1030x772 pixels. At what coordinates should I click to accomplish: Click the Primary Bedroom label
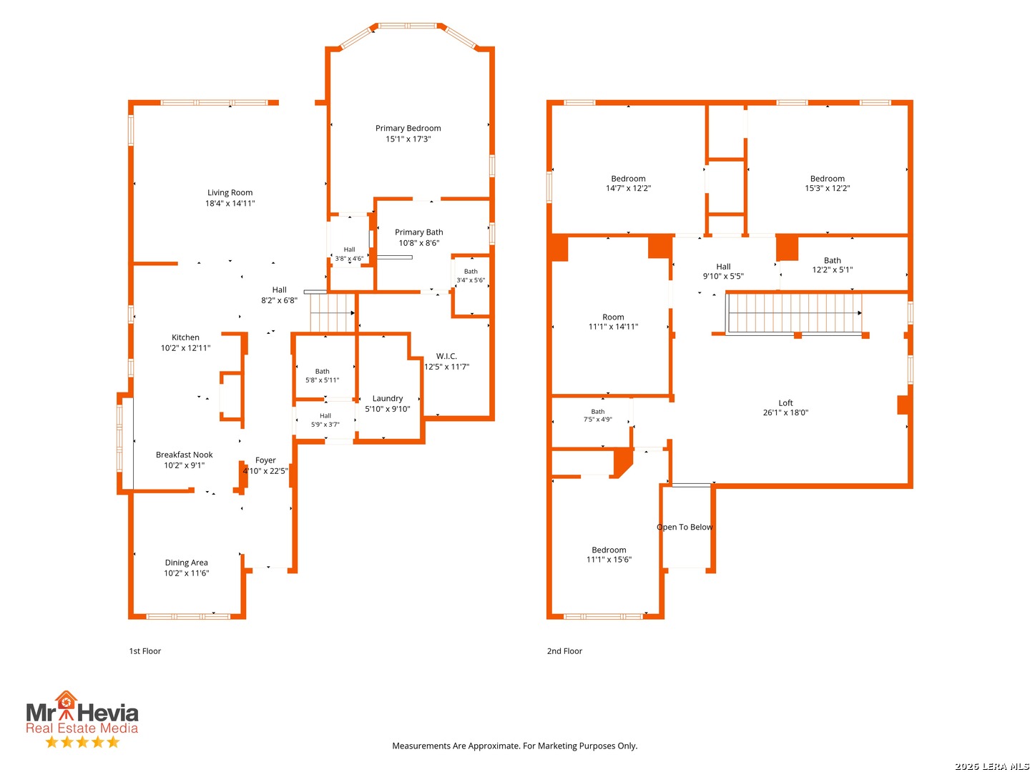408,129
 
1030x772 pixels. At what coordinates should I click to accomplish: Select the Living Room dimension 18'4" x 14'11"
230,204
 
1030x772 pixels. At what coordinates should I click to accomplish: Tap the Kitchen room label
185,337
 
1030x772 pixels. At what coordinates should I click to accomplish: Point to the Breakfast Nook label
184,455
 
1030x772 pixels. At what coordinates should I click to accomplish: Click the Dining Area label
186,563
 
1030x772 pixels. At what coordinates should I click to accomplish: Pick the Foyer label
265,460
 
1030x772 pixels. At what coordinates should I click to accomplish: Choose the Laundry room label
388,398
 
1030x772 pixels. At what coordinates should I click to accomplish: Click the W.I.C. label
446,356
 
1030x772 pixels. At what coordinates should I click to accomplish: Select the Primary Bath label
418,232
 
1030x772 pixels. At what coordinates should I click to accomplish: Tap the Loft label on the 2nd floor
785,403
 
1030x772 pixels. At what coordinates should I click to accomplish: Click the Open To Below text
685,528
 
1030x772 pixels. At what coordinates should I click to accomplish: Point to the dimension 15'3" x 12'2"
827,189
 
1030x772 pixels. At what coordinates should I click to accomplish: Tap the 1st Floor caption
145,651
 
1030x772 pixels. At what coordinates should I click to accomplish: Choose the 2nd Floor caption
564,651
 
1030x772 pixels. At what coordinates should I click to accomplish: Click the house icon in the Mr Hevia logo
67,701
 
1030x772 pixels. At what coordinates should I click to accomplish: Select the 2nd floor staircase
794,313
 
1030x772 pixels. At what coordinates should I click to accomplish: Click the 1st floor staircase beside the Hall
332,313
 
